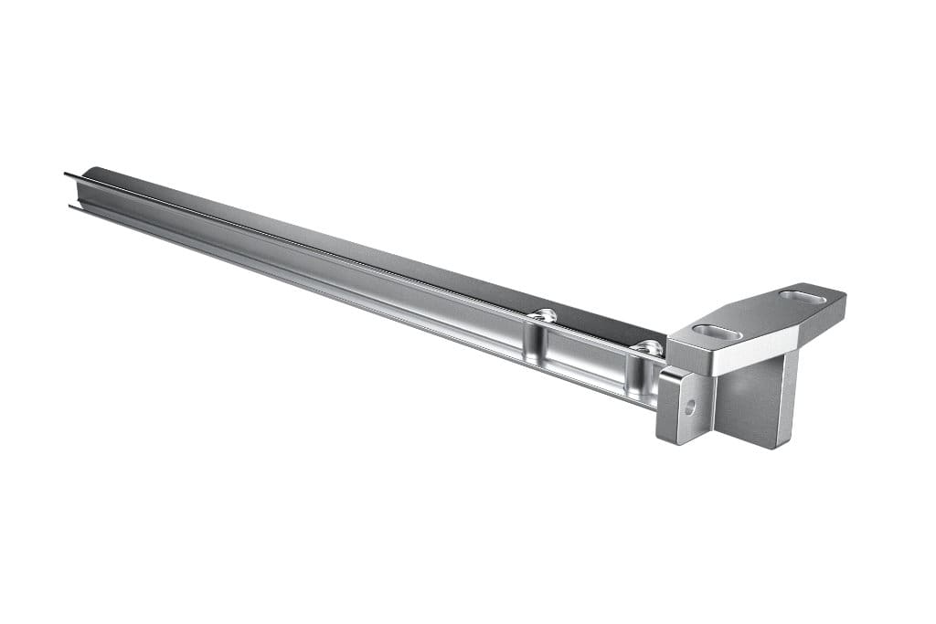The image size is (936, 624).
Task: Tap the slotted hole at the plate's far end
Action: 797,297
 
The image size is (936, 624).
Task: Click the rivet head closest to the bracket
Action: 648,347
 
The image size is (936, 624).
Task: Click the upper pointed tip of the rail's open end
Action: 66,174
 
